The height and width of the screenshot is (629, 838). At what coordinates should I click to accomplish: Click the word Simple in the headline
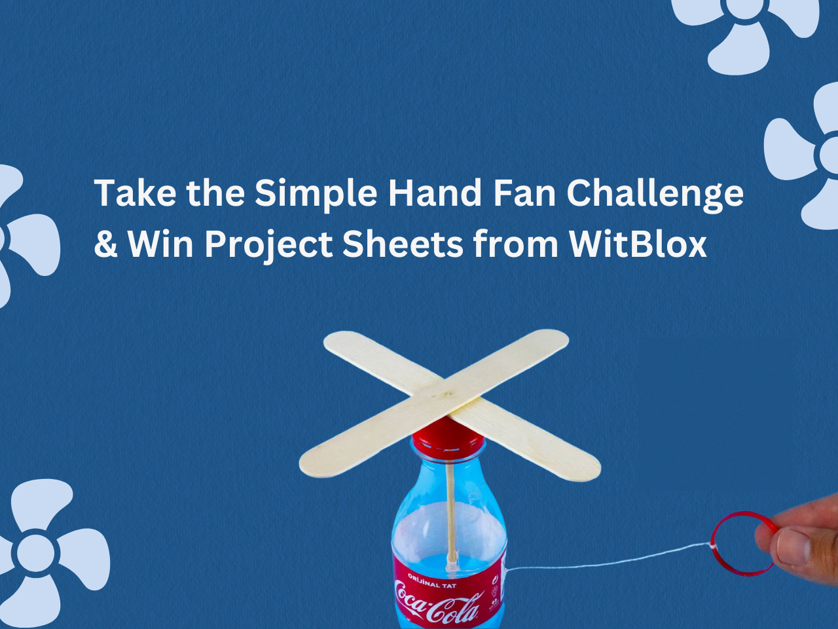point(315,193)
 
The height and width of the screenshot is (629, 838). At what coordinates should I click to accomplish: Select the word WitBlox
point(638,244)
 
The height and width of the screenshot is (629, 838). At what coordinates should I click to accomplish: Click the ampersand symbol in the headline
point(105,244)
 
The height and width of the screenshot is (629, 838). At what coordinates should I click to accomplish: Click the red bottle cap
point(448,434)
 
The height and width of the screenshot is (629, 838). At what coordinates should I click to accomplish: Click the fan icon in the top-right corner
point(746,20)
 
